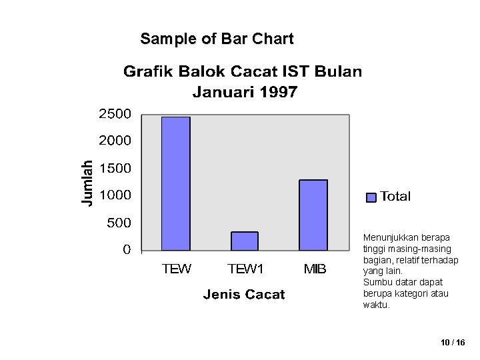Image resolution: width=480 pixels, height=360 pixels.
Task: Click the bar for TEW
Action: click(x=176, y=183)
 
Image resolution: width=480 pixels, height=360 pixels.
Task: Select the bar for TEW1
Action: click(x=244, y=241)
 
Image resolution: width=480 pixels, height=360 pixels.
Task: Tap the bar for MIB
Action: click(x=313, y=215)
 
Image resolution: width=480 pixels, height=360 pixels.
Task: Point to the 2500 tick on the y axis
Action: click(x=115, y=114)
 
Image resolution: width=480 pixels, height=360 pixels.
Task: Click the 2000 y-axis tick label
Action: click(x=115, y=141)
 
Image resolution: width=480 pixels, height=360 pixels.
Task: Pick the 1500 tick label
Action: click(x=115, y=169)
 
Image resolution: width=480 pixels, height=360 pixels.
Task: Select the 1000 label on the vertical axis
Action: click(x=115, y=195)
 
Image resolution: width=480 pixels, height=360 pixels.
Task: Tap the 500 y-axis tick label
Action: click(x=119, y=223)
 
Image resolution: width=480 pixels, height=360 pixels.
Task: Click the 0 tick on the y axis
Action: click(x=127, y=250)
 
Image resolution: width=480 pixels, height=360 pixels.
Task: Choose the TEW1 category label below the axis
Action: click(x=246, y=269)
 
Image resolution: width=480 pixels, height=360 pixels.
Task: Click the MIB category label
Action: click(x=315, y=269)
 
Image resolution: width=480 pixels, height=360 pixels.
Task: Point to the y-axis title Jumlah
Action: click(x=87, y=182)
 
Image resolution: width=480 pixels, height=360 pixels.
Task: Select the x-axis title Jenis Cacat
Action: click(x=243, y=295)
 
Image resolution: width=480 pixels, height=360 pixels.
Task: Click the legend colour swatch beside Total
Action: click(x=372, y=197)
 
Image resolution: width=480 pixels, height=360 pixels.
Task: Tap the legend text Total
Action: click(x=395, y=197)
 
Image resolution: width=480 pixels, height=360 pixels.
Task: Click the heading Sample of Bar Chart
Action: click(x=217, y=39)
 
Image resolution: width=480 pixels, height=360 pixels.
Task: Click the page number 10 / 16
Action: click(x=453, y=342)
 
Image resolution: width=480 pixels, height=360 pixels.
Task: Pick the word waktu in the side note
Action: click(x=375, y=305)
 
